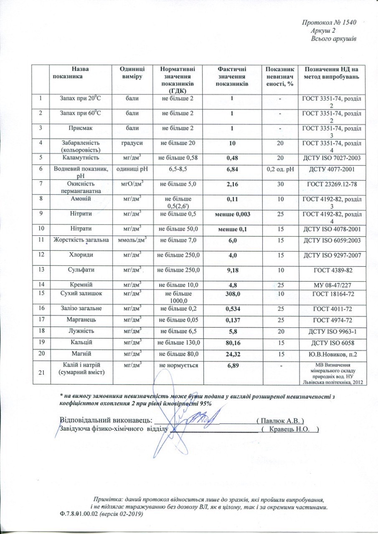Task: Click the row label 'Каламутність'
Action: [x=81, y=158]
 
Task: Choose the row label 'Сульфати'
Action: [x=81, y=270]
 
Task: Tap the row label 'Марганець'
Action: [x=81, y=320]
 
